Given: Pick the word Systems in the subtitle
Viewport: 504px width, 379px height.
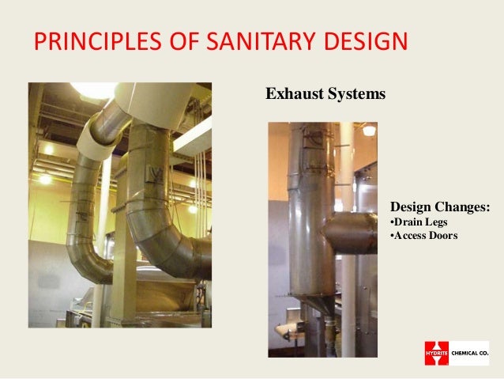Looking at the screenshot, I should [357, 95].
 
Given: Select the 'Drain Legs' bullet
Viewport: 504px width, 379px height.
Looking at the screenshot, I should [419, 222].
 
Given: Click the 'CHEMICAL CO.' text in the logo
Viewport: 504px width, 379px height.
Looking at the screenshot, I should [471, 353].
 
